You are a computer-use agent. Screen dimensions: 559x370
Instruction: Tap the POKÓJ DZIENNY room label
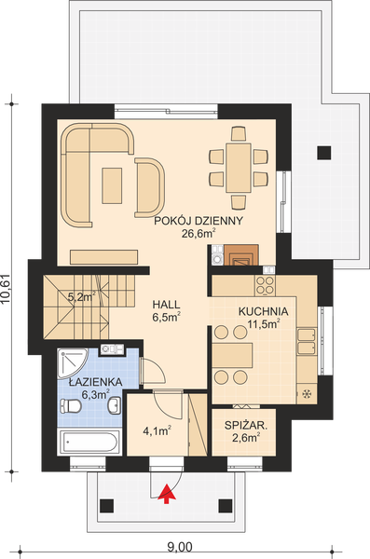click(199, 221)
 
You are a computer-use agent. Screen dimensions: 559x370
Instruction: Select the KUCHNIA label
click(262, 311)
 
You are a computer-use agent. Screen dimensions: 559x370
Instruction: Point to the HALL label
click(167, 304)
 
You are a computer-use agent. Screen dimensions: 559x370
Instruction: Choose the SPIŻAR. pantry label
click(246, 426)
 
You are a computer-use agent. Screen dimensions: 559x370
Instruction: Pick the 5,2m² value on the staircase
click(81, 298)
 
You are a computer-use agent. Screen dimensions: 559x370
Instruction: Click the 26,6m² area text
click(199, 235)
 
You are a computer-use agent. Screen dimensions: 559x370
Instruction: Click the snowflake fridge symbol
click(304, 395)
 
